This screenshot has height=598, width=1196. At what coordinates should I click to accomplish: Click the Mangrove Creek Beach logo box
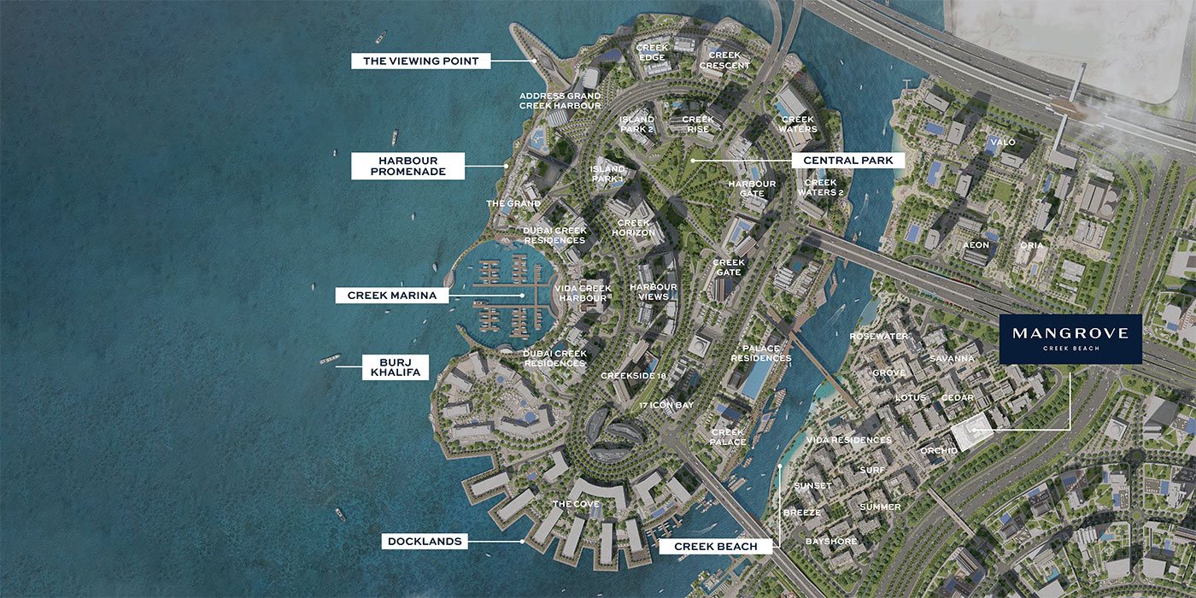[x=1070, y=339]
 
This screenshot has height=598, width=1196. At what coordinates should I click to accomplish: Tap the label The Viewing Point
[x=421, y=61]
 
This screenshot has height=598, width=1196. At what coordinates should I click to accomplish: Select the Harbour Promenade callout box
[x=407, y=166]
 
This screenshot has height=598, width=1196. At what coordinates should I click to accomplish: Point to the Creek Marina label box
[x=392, y=296]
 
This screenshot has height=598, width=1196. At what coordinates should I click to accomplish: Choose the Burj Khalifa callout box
[x=396, y=366]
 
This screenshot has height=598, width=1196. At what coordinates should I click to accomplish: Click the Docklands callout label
[x=425, y=541]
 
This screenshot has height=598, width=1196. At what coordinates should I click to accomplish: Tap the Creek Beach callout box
[x=715, y=546]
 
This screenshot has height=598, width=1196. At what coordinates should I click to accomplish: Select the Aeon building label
[x=976, y=245]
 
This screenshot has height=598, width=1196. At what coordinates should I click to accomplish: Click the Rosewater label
[x=878, y=337]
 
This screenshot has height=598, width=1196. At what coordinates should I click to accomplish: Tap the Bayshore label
[x=831, y=542]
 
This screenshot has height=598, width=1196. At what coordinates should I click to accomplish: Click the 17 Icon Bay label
[x=665, y=405]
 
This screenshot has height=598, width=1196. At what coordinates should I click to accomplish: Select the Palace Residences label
[x=760, y=353]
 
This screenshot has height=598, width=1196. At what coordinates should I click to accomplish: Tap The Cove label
[x=576, y=504]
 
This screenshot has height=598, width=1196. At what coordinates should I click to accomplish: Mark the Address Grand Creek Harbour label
[x=560, y=100]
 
